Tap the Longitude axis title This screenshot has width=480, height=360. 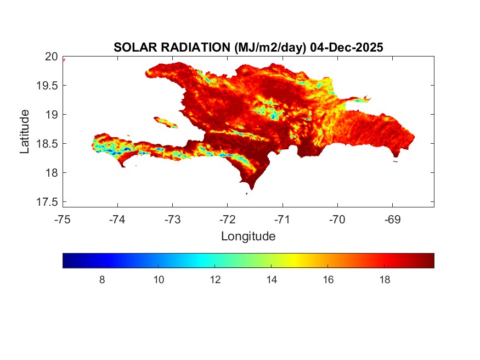tap(248, 237)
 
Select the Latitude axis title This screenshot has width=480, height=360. tap(25, 131)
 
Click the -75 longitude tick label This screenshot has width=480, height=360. tap(63, 220)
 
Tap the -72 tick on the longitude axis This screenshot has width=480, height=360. tap(227, 220)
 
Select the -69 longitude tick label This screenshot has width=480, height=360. tap(392, 220)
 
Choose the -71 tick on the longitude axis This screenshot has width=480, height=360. tap(283, 220)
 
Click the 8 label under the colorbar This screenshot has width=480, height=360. tap(102, 280)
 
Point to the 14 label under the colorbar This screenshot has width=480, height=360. tap(272, 280)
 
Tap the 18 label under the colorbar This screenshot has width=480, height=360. tap(385, 280)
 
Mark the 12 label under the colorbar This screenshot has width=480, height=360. tap(215, 280)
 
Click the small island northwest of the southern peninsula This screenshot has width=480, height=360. tap(166, 122)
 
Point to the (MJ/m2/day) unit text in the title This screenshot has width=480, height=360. tap(270, 48)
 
